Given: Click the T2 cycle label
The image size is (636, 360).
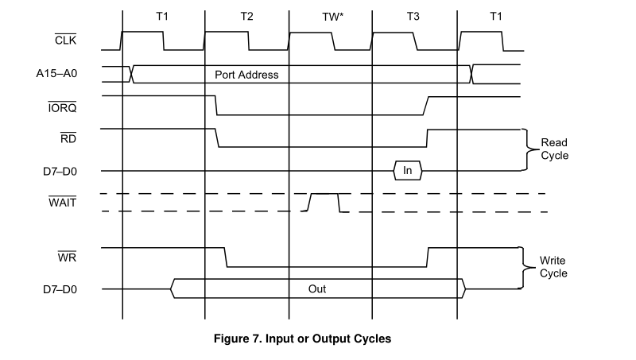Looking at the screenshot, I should (246, 16).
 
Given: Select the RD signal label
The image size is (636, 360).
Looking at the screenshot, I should (68, 138).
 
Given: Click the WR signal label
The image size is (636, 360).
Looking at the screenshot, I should (67, 258).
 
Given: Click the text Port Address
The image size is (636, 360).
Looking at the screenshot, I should (246, 75).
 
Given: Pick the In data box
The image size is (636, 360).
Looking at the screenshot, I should (408, 169).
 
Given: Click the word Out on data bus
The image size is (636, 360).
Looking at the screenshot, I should (317, 288).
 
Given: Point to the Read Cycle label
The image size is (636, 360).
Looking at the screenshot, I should (554, 149).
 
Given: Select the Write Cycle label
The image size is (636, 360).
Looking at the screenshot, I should (553, 267).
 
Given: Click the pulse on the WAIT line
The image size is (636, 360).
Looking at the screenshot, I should (324, 202).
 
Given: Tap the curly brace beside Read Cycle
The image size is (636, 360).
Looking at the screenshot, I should (525, 149).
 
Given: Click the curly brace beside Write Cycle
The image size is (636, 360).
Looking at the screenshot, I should (524, 267).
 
